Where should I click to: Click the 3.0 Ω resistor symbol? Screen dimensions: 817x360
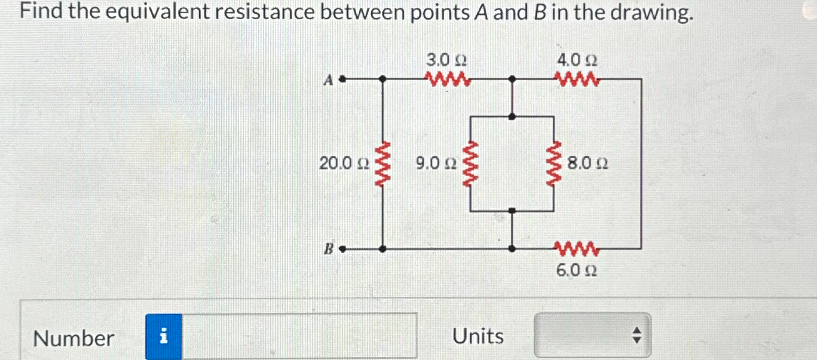point(448,78)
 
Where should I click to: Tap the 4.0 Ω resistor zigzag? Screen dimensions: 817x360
point(577,78)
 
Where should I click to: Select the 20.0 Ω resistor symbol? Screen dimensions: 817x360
point(383,163)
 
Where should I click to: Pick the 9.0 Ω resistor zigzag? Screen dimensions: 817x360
point(471,163)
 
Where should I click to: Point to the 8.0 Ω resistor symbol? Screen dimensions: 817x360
point(556,163)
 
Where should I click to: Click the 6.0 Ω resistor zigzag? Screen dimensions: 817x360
point(577,248)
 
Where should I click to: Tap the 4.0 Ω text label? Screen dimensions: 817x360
point(577,60)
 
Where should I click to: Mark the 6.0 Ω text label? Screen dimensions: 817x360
point(577,271)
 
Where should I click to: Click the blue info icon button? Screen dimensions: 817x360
point(164,337)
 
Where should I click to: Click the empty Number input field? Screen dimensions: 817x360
point(299,337)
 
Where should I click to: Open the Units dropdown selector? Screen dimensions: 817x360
point(592,337)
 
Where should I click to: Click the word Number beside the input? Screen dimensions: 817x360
point(74,338)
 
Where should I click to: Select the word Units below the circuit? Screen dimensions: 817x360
point(478,337)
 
